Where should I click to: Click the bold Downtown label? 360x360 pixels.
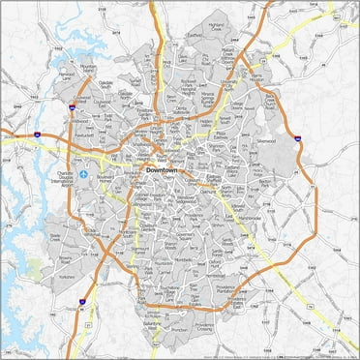162,170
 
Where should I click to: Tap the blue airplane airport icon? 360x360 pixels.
87,174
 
